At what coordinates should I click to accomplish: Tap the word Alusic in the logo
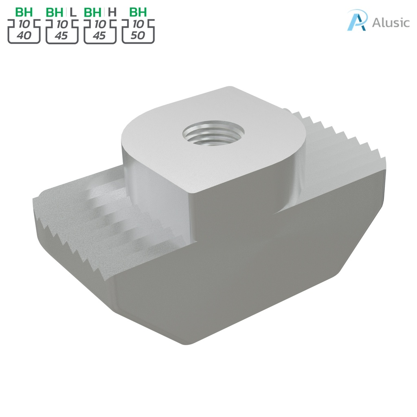(x=391, y=22)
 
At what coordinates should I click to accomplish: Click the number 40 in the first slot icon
(x=24, y=36)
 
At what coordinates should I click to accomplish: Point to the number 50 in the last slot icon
(x=138, y=36)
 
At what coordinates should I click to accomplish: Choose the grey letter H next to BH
(x=112, y=12)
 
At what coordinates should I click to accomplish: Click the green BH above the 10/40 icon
(x=24, y=12)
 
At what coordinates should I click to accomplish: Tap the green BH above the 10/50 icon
(x=138, y=12)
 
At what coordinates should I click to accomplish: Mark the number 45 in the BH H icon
(x=99, y=36)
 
